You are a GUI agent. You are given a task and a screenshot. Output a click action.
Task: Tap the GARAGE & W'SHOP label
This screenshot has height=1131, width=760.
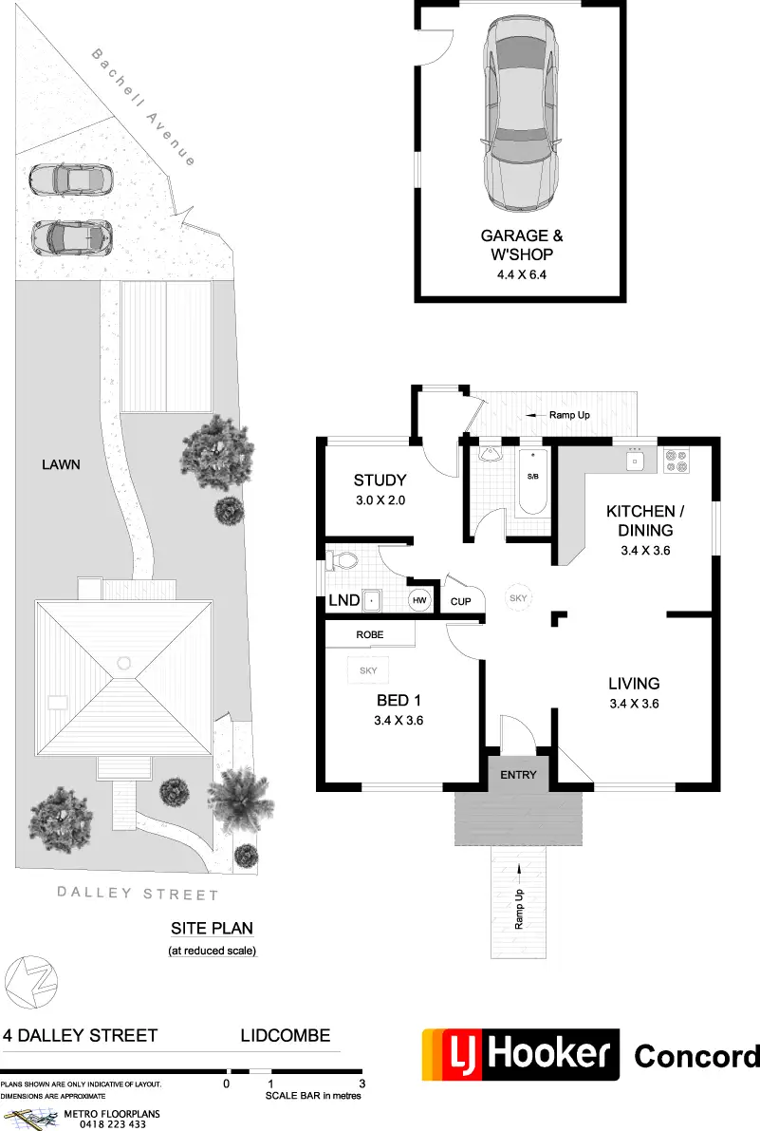click(522, 244)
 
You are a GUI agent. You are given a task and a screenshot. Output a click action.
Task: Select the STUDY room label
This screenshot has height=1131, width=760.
click(380, 480)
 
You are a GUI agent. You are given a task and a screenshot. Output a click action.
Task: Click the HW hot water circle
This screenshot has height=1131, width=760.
click(419, 600)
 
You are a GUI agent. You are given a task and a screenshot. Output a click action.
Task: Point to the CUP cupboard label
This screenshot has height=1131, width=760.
click(460, 601)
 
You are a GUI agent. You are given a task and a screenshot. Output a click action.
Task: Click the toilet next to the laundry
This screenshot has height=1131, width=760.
click(342, 559)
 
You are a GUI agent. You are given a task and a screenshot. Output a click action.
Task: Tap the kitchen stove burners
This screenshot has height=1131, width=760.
click(677, 461)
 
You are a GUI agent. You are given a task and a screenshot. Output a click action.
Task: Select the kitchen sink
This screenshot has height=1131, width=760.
click(635, 460)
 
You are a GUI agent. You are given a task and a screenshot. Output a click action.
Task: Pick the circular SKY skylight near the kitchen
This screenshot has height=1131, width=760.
click(518, 598)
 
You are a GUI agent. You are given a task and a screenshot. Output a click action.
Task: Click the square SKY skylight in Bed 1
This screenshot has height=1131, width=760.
click(368, 670)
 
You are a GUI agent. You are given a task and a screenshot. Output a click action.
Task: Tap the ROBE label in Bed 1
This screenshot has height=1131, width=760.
click(369, 634)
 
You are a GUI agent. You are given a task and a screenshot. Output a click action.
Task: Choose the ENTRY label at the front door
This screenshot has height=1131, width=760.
click(518, 775)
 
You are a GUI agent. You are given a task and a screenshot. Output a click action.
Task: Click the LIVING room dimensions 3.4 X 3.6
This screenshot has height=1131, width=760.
click(634, 704)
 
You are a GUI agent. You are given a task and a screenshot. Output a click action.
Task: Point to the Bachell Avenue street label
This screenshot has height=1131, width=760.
click(143, 106)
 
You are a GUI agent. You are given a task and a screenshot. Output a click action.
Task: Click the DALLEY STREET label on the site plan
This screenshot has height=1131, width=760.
click(138, 894)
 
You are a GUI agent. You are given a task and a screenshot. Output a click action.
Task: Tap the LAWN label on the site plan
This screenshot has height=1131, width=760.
click(61, 464)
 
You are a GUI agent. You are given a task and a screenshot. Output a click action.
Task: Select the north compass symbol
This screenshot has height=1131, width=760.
click(31, 983)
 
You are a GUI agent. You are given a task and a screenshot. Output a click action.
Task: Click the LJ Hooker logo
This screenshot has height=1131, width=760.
click(521, 1054)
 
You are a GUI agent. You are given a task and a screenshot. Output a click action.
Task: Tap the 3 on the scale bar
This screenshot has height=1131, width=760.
click(361, 1084)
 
